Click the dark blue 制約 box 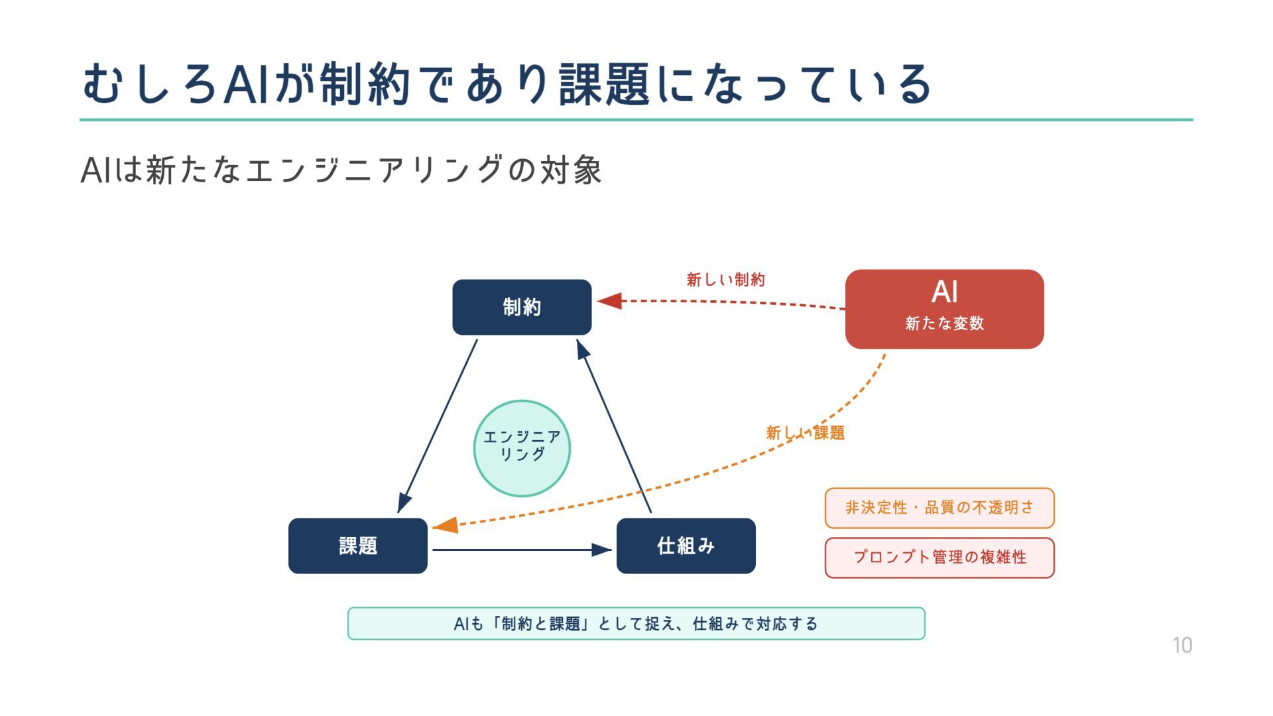522,307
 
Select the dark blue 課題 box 358,546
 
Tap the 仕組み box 686,546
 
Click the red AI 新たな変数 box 944,309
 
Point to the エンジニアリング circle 522,448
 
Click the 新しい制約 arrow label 725,280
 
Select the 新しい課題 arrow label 805,433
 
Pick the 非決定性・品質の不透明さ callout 940,508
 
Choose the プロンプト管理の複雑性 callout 940,558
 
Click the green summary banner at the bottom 636,623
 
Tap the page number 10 1182,645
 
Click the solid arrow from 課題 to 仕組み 517,550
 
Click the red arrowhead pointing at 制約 609,301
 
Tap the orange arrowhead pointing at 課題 446,526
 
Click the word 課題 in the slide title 604,85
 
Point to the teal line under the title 636,120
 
